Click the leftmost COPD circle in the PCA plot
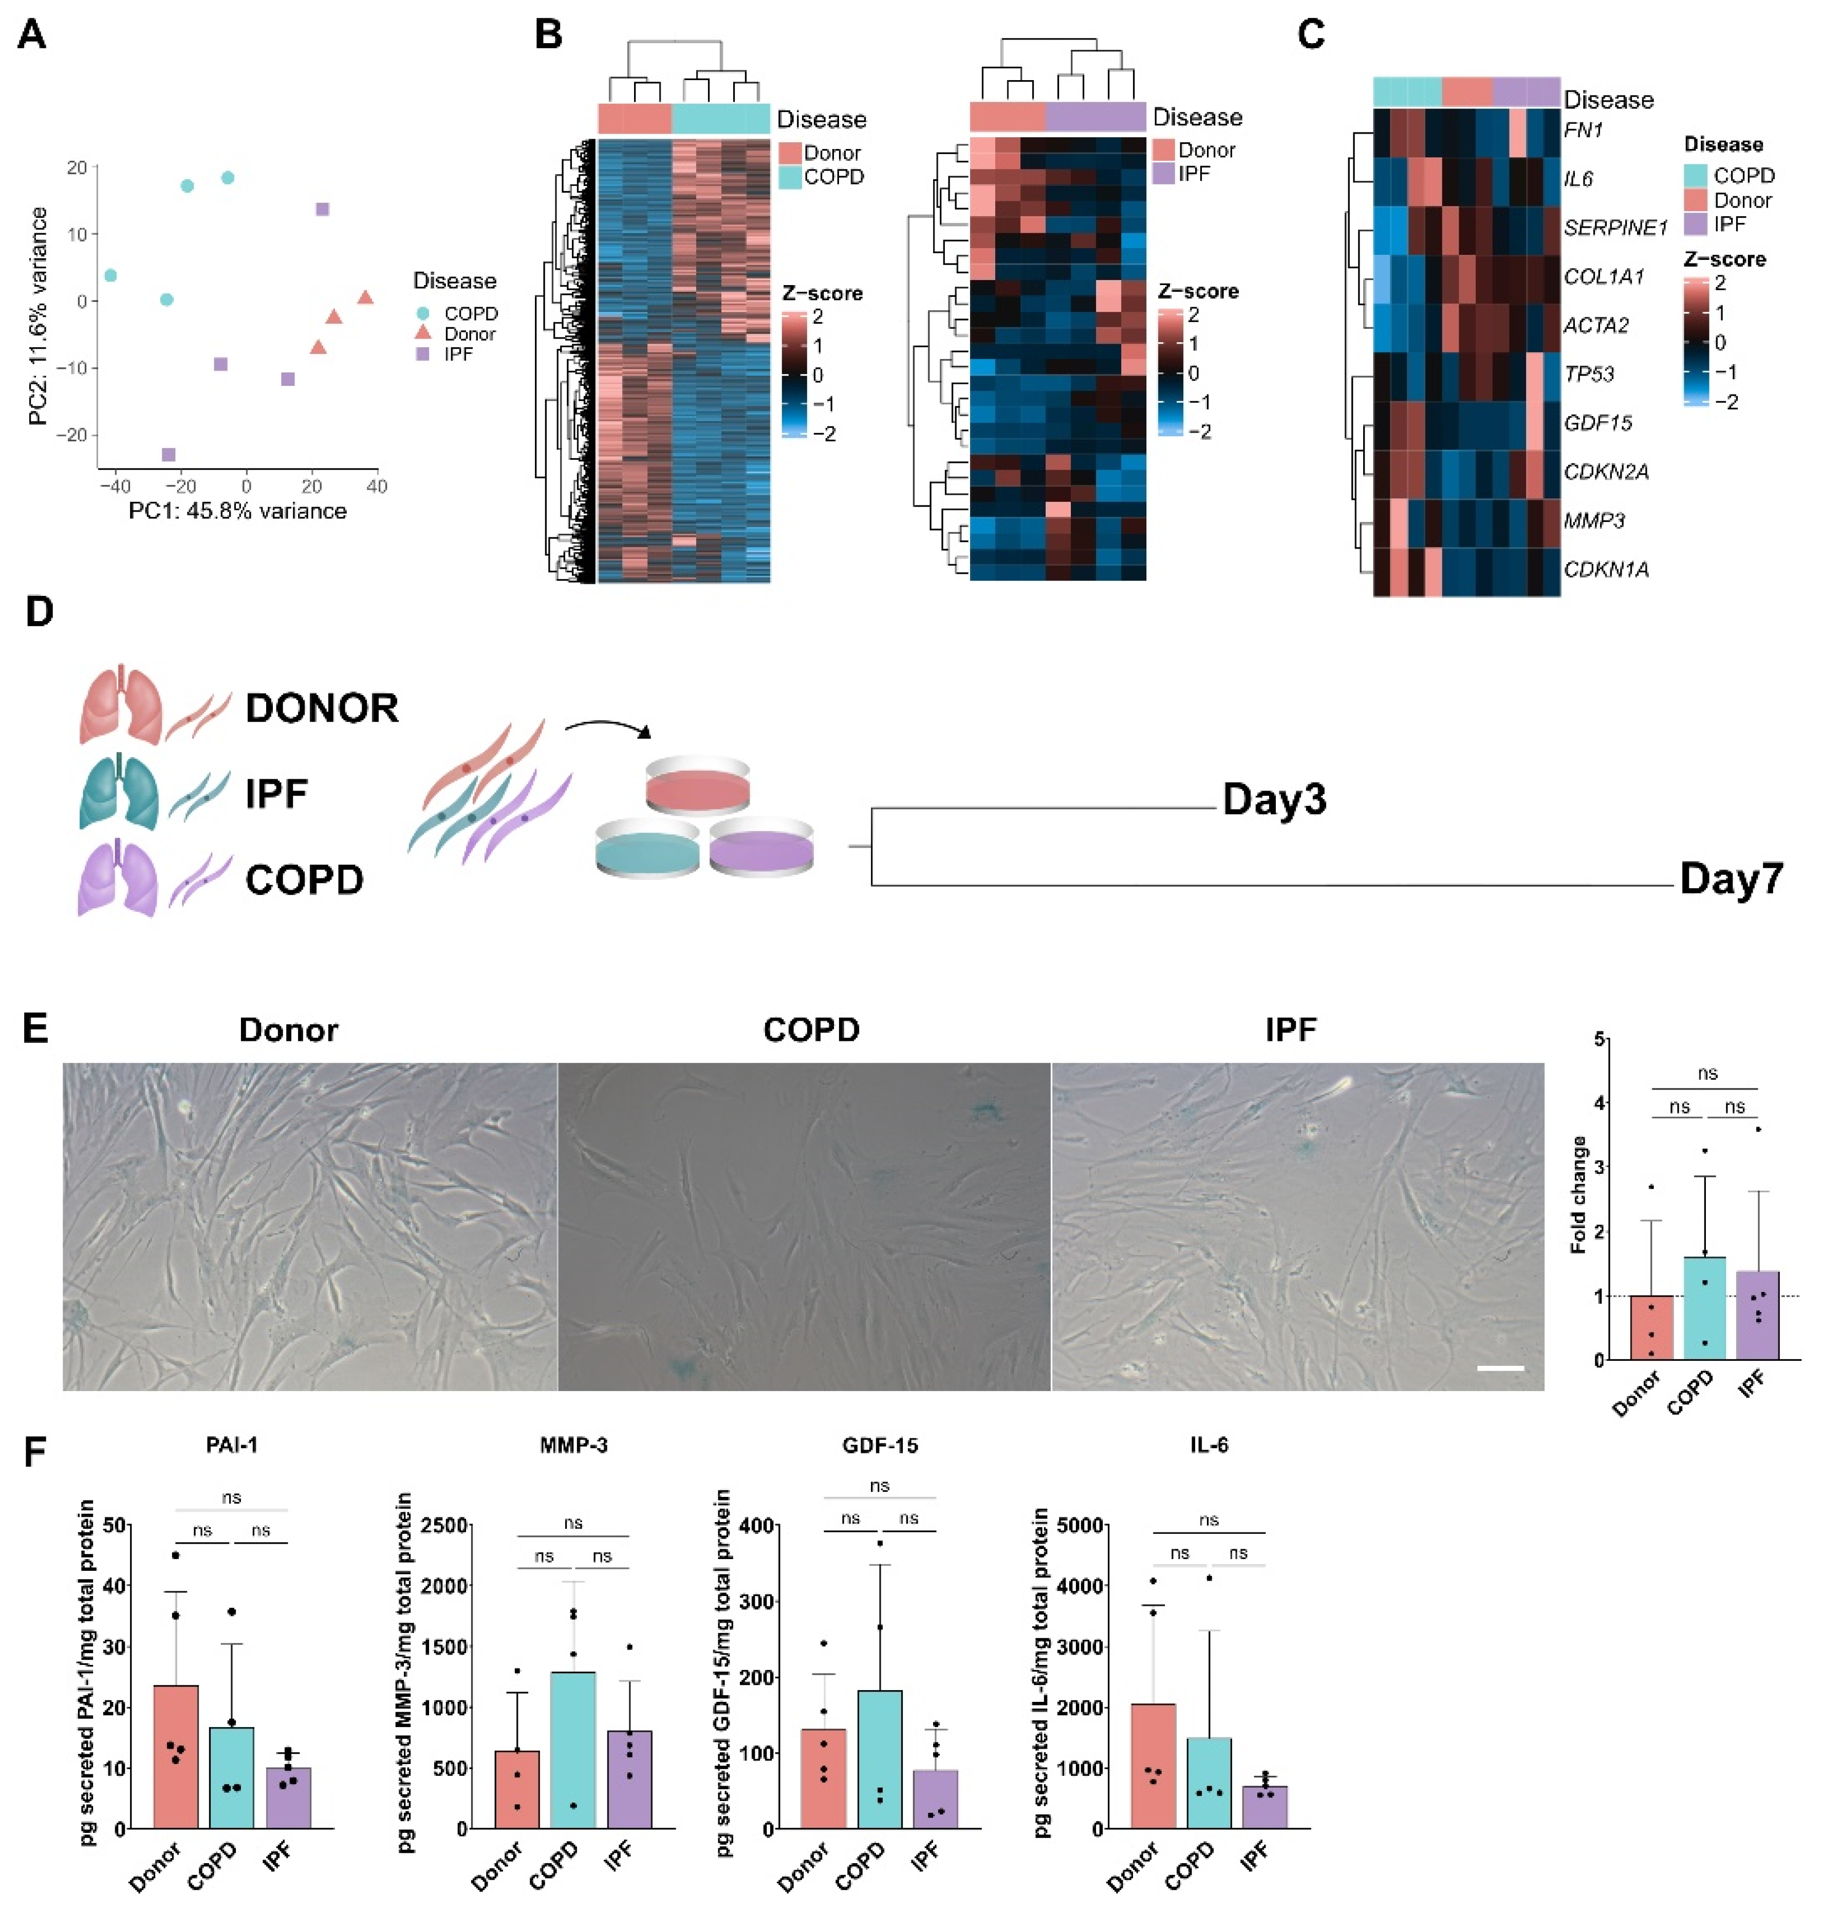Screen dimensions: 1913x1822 110,276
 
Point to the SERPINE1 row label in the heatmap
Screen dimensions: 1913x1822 1614,227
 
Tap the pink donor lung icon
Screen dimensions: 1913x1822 119,705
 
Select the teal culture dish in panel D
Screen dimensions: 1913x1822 647,849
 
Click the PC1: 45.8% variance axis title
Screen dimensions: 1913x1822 238,511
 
